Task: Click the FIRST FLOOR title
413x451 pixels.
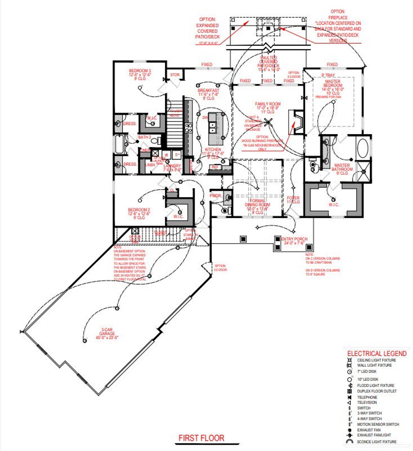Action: (x=201, y=438)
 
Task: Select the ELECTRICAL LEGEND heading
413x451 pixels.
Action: (x=377, y=354)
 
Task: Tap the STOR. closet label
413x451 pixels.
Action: (x=175, y=75)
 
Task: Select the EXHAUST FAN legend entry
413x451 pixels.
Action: (x=368, y=430)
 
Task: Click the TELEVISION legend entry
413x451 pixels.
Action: (x=367, y=403)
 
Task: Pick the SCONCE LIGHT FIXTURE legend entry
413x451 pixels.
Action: (x=377, y=442)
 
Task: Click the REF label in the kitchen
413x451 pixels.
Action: (x=215, y=167)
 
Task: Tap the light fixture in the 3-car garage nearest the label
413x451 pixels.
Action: (x=85, y=341)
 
